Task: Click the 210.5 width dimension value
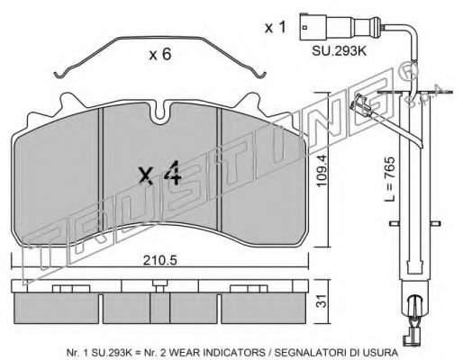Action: coord(159,260)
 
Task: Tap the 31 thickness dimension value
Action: coord(322,301)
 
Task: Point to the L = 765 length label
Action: coord(390,179)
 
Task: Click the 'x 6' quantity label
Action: coord(160,54)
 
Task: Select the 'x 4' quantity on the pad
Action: coord(160,174)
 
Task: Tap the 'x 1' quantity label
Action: coord(276,28)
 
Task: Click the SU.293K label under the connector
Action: coord(340,51)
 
